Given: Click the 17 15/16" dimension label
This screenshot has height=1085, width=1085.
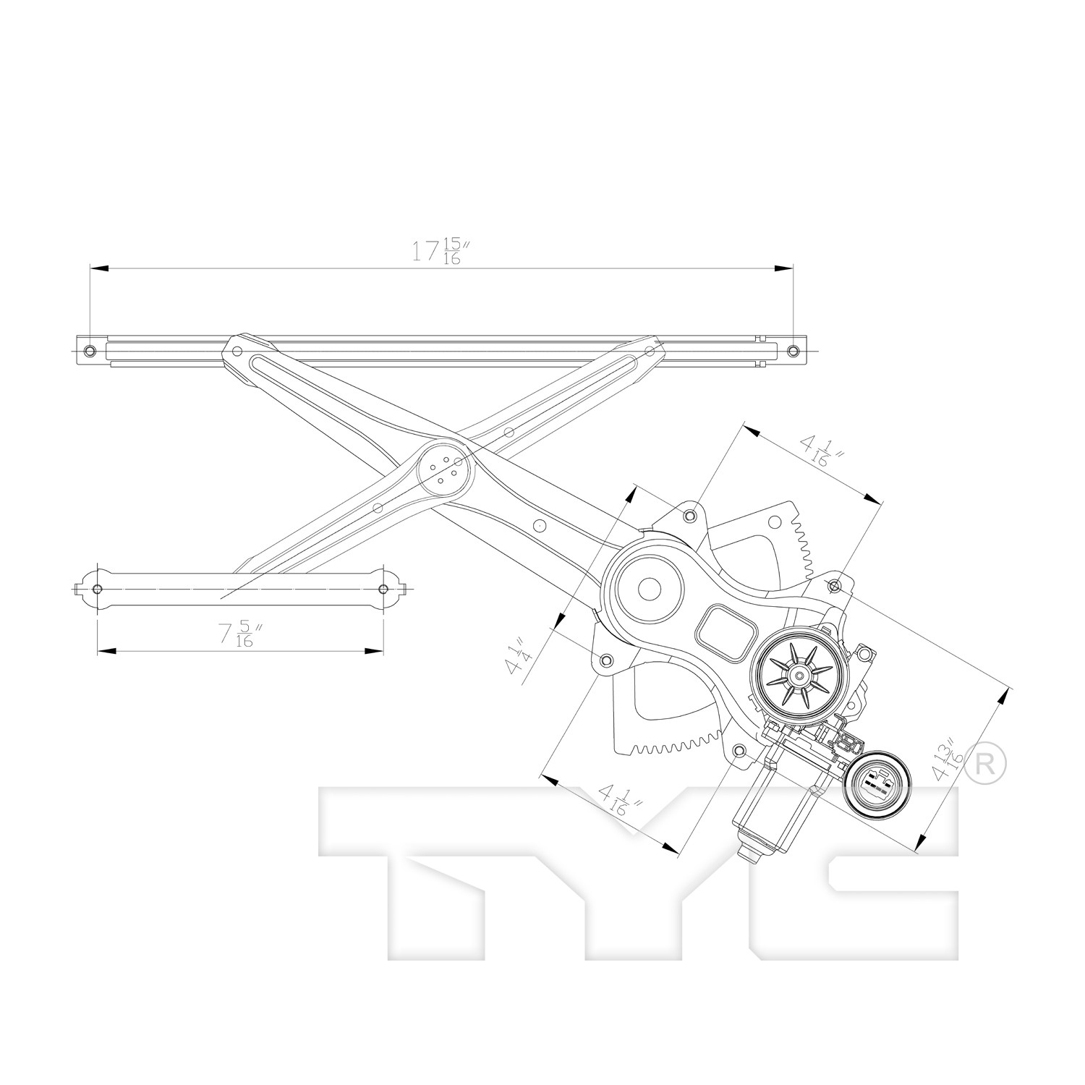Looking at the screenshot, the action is click(x=437, y=250).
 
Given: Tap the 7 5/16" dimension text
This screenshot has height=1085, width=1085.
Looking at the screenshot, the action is click(x=239, y=634).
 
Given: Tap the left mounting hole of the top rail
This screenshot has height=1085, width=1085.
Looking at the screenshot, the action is click(x=90, y=351).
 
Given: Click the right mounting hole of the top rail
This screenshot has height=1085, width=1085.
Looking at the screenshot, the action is click(x=793, y=351).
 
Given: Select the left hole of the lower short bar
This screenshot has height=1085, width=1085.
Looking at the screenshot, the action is click(x=98, y=589).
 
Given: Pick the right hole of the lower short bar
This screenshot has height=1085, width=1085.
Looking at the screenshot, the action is click(x=383, y=589).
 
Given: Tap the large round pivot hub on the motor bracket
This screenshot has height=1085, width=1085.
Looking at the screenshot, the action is click(x=650, y=589).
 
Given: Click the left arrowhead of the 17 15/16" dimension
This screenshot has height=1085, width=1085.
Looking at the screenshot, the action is click(x=99, y=268).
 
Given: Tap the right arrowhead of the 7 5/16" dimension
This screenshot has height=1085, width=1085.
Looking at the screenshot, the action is click(x=374, y=651).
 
